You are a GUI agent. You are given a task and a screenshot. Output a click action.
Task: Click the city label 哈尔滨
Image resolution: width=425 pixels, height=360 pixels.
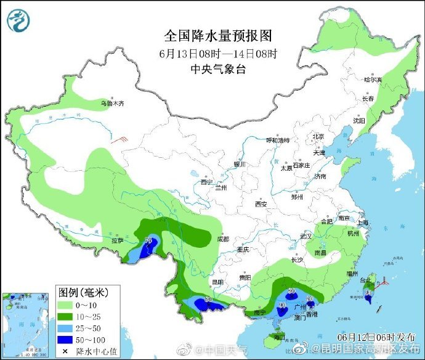(373, 80)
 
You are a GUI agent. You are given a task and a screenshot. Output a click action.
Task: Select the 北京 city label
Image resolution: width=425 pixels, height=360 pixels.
(318, 136)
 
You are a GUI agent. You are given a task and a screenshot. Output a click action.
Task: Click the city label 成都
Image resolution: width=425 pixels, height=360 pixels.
(222, 239)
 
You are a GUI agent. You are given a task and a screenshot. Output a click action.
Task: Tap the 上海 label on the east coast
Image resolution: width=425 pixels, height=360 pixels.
(365, 223)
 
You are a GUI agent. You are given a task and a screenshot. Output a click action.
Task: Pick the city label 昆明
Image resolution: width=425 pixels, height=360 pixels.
(217, 282)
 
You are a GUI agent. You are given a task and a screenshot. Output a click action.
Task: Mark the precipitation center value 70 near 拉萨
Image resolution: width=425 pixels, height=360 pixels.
(148, 240)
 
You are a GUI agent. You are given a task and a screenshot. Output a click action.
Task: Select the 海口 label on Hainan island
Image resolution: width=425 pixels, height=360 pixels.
(280, 337)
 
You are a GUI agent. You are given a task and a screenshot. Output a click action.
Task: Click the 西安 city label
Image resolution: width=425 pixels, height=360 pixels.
(261, 204)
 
